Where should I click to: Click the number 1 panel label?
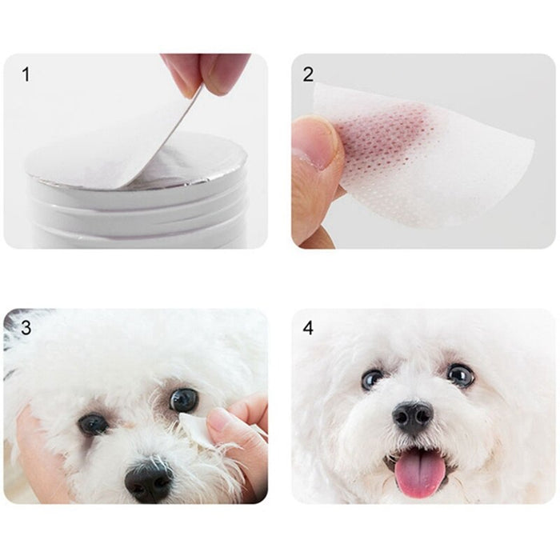point(26,74)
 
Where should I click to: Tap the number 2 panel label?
point(308,74)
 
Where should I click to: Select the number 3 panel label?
point(26,327)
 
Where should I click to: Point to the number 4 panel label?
point(308,327)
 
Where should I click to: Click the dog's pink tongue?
point(416,471)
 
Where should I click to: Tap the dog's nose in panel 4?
point(413,417)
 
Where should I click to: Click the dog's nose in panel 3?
point(148,480)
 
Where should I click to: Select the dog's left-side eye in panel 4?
point(372,379)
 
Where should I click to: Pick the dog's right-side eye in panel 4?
point(460,375)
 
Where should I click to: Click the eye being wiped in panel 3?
point(183,399)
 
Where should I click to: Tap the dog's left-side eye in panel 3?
point(93,423)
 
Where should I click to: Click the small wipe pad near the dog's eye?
point(194,430)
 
